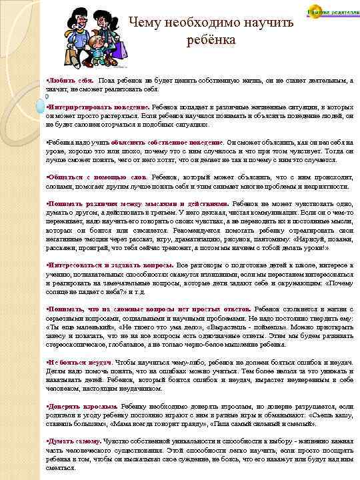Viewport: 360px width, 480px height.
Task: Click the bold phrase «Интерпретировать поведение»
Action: point(97,107)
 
